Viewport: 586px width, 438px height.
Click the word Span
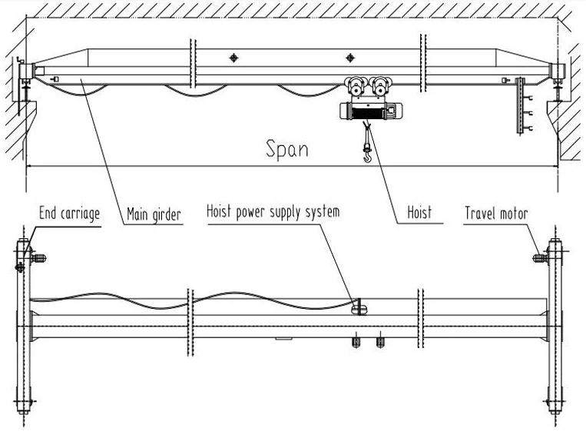[x=287, y=148]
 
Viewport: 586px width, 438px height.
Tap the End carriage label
[x=69, y=213]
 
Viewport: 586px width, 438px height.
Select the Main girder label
[x=154, y=214]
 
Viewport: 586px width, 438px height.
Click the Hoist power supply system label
[x=273, y=211]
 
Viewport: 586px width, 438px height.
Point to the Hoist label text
[x=419, y=213]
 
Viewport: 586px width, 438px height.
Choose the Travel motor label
[x=496, y=213]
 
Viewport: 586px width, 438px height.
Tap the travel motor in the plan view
[x=539, y=257]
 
